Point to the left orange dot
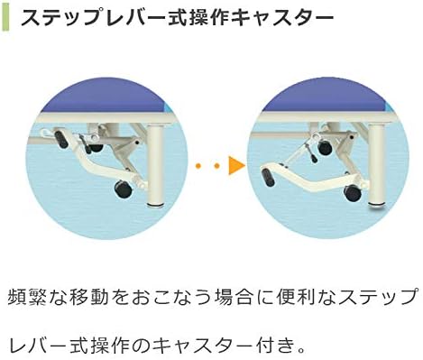(198, 165)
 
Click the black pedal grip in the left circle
(61, 139)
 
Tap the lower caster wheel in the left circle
(120, 189)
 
